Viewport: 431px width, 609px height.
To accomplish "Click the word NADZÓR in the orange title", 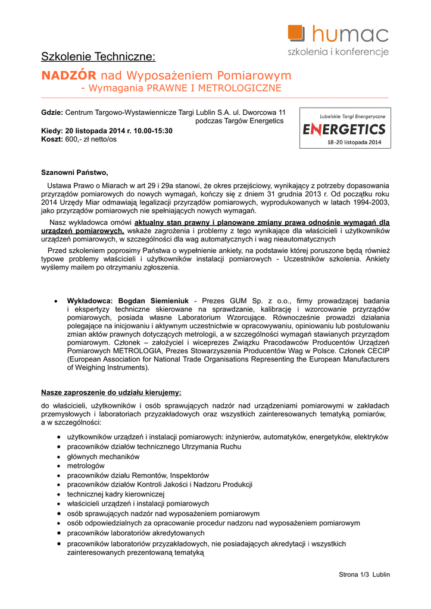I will pos(68,76).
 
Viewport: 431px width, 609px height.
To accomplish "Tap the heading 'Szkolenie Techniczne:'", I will pos(98,57).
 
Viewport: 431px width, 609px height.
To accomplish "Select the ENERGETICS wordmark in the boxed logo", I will pos(345,129).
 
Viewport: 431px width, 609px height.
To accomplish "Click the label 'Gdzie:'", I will pos(52,112).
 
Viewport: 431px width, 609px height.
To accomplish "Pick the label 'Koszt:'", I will pos(52,139).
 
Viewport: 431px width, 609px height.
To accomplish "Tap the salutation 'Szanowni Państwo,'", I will pos(74,173).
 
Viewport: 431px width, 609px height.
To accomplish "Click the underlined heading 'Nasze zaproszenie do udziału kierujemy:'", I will pos(111,392).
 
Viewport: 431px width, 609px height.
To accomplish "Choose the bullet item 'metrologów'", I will pos(86,466).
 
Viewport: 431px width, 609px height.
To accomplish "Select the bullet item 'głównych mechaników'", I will pos(103,456).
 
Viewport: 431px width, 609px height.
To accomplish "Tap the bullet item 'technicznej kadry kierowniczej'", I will pos(115,494).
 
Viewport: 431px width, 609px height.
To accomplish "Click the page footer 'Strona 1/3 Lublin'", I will pos(364,575).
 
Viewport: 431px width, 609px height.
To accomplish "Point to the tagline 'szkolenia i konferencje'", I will pos(338,52).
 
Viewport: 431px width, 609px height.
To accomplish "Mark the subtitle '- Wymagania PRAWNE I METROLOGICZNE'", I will pos(180,89).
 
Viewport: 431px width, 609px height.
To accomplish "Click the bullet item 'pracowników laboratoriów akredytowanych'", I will pos(135,533).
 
